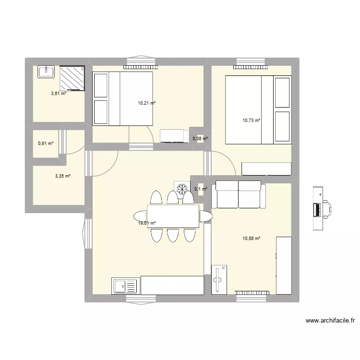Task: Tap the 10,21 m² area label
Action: tap(147, 103)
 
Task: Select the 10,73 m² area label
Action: tap(251, 120)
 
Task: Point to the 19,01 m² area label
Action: tap(147, 223)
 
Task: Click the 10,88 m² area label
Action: tap(251, 238)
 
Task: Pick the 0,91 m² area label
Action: tap(46, 143)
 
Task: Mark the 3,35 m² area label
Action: tap(63, 176)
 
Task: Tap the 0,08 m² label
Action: tap(200, 139)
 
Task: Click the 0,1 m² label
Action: tap(201, 189)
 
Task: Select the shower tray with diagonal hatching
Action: tap(72, 78)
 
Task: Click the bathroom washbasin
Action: tap(46, 72)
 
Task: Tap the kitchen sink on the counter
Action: tap(125, 286)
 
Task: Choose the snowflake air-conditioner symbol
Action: tap(182, 189)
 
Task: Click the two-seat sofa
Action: tap(239, 194)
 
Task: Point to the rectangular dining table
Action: tap(173, 216)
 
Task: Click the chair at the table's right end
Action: tap(205, 216)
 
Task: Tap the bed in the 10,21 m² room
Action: tap(123, 98)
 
